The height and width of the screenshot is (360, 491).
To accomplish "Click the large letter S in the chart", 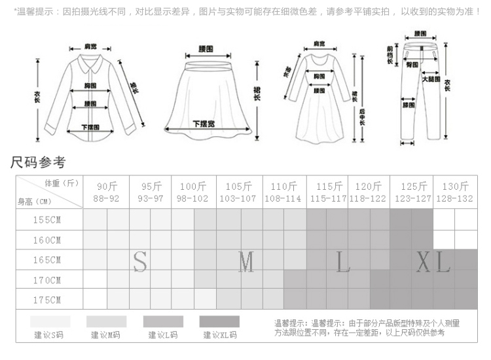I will tap(140, 261).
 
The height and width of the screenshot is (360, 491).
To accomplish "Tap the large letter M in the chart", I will tap(245, 262).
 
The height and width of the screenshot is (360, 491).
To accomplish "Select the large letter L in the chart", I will tap(344, 262).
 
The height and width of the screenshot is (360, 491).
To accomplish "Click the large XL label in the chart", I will tap(433, 262).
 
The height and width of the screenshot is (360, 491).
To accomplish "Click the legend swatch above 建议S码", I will tap(50, 321).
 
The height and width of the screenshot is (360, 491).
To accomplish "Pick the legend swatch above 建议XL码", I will tap(219, 321).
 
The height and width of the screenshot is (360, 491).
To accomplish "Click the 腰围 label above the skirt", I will tap(207, 48).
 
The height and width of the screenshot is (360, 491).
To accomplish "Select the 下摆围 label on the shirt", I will tap(91, 127).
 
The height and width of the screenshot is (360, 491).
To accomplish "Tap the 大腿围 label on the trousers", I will tap(430, 79).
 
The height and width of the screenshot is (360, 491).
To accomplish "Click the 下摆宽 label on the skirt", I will tap(204, 124).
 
